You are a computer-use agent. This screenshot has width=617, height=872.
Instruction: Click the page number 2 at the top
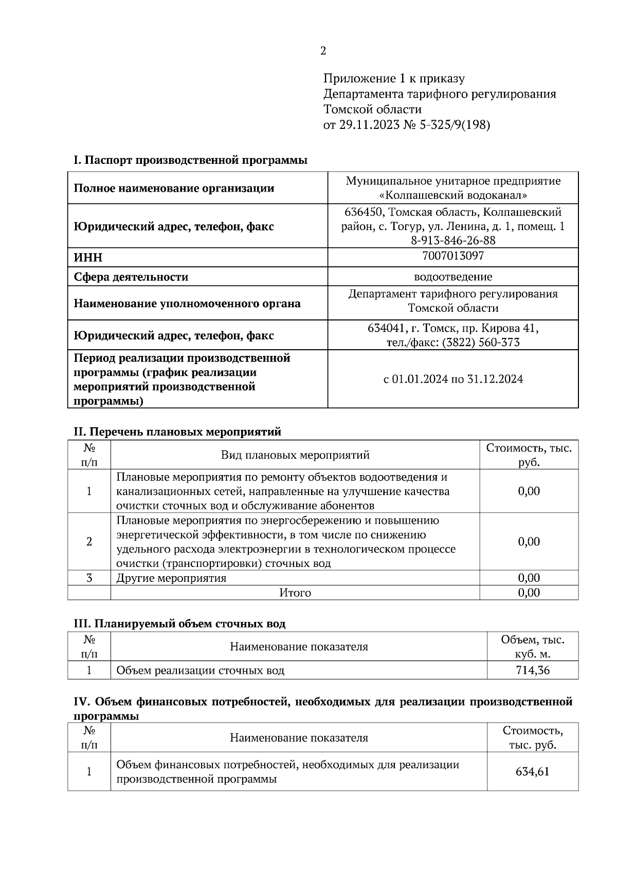coord(322,51)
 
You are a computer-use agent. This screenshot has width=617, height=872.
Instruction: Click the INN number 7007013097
coord(453,256)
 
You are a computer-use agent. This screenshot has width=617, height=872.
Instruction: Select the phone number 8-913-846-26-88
coord(453,240)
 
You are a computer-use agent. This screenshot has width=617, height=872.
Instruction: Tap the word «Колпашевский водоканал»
coord(453,195)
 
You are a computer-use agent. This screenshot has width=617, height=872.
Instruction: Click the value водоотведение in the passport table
coord(453,277)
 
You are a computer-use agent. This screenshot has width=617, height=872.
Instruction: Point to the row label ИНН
coord(88,258)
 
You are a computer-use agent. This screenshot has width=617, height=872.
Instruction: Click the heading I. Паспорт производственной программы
coord(190,160)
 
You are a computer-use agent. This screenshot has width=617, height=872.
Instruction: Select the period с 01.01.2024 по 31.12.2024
coord(453,379)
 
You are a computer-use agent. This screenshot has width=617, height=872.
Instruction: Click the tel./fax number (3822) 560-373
coord(480,342)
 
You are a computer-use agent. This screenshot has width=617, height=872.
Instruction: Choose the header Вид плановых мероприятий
coord(295,455)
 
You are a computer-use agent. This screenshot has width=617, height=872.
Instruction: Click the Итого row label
coord(295,593)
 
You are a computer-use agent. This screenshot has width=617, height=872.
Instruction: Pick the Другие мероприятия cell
coord(171,578)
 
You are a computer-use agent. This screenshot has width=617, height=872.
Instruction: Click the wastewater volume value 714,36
coord(532,670)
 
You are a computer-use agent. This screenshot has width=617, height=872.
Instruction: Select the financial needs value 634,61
coord(532,771)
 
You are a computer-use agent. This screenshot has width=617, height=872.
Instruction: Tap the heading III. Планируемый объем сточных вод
coord(179,623)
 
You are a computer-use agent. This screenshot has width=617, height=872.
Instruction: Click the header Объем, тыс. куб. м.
coord(532,647)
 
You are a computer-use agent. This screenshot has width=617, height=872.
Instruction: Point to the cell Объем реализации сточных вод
coord(200,670)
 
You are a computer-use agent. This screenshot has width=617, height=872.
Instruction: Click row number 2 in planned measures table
coord(89,541)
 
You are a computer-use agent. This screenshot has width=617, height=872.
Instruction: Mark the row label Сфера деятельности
coord(131,277)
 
